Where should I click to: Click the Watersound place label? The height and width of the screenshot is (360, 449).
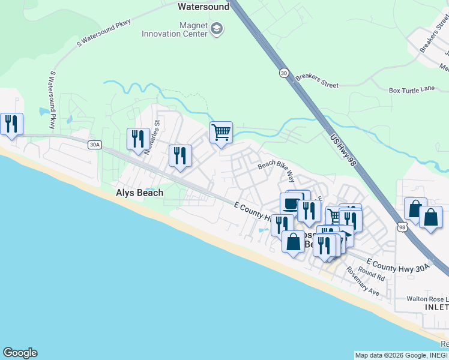(x=203, y=7)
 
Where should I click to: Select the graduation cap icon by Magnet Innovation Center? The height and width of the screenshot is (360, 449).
(x=217, y=29)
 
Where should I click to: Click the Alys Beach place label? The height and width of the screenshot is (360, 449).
(x=139, y=193)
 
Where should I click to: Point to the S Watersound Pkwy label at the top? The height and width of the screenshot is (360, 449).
(x=104, y=33)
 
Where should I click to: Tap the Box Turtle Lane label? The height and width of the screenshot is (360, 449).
(x=411, y=89)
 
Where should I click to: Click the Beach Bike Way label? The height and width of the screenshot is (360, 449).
(x=277, y=170)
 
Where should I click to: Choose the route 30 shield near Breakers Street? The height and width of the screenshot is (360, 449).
(x=283, y=73)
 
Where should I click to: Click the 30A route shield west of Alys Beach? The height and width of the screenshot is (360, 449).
(x=94, y=145)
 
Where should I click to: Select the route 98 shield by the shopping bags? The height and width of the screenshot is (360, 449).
(x=402, y=226)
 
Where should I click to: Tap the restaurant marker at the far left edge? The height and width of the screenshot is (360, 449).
(x=11, y=124)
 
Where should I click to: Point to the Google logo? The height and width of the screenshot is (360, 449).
(x=20, y=353)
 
